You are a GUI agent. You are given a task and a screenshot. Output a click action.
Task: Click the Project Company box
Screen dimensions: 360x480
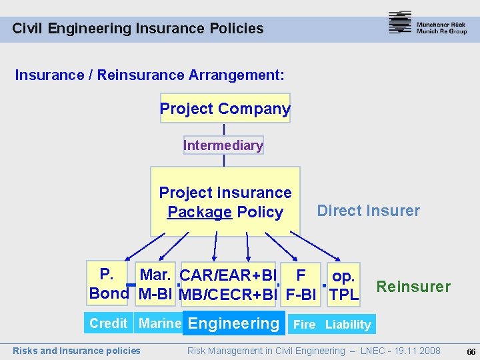point(225,109)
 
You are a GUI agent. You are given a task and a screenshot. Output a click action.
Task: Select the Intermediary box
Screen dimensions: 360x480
point(223,145)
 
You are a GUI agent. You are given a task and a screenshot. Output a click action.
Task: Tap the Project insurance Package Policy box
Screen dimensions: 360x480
point(225,202)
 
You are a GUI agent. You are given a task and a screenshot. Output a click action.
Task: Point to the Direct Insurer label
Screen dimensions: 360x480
point(368,211)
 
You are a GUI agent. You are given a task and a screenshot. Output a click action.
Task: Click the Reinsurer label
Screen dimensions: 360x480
point(413,287)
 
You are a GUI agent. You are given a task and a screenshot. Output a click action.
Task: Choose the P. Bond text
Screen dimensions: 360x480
point(109,283)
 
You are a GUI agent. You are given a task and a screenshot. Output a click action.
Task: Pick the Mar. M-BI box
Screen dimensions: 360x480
point(156,283)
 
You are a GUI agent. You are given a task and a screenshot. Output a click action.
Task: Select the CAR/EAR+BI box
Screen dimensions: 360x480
point(228,284)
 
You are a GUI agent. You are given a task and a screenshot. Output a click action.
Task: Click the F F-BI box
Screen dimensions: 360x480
point(301,284)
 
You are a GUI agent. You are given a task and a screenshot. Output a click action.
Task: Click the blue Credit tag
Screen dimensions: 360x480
point(109,323)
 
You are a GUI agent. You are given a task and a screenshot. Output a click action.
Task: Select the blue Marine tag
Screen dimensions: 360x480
point(158,323)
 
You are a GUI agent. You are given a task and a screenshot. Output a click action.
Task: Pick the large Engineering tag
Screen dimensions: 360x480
point(233,323)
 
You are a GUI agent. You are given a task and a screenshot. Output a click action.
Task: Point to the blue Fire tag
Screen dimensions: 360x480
point(305,325)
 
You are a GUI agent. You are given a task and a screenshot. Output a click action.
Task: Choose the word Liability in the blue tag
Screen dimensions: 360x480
point(348,325)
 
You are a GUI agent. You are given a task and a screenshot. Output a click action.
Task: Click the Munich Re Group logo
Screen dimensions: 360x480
point(427,24)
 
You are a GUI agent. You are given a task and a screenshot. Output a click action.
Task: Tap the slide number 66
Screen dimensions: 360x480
point(471,351)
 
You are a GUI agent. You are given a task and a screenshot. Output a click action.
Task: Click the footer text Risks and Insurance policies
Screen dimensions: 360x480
point(77,351)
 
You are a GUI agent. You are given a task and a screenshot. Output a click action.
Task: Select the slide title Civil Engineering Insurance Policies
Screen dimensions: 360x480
point(138,29)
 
